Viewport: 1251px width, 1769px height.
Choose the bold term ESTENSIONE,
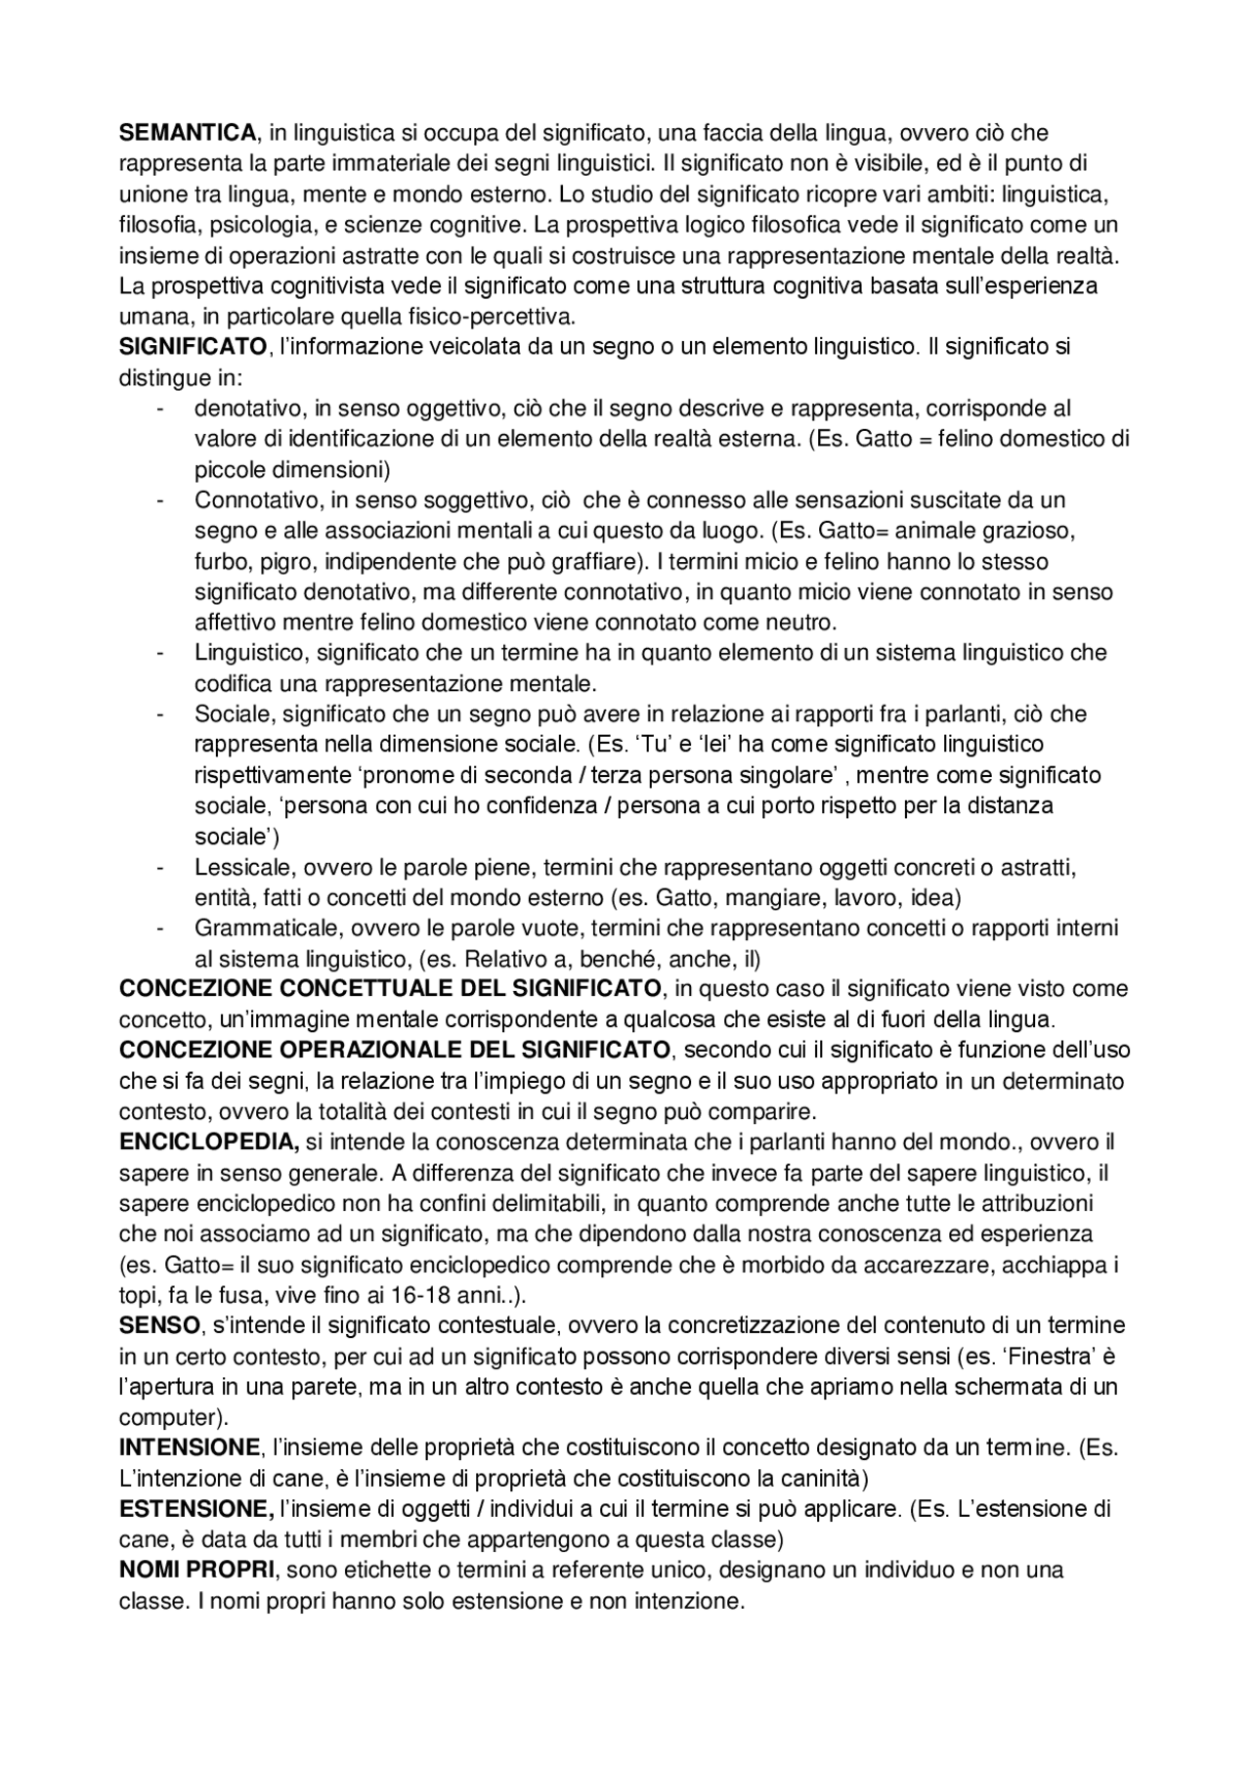tap(196, 1509)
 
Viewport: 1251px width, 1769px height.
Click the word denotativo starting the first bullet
tap(240, 409)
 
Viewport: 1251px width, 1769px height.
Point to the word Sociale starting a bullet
tap(229, 714)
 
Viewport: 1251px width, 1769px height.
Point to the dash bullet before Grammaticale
tap(158, 928)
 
